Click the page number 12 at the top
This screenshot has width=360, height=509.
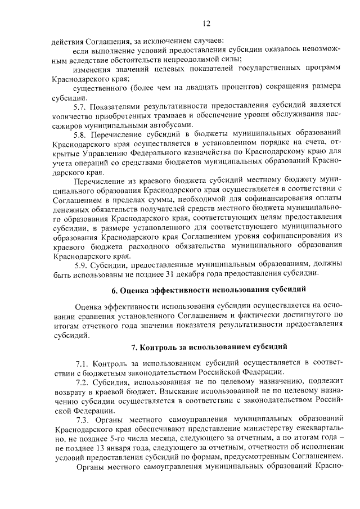pyautogui.click(x=206, y=23)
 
